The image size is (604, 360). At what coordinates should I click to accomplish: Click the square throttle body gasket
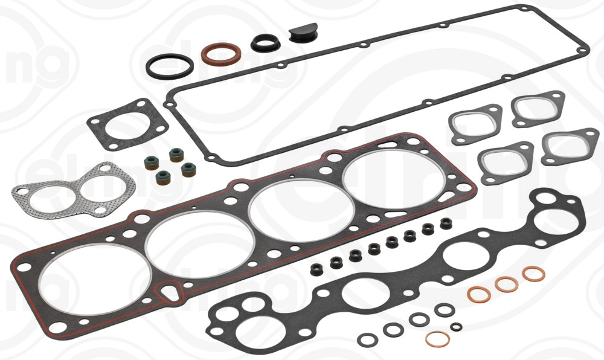tap(126, 124)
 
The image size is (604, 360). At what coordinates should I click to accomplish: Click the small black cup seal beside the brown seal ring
tap(264, 42)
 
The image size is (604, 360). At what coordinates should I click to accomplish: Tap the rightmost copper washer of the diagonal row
tap(533, 274)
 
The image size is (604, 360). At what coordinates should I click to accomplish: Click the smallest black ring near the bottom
tap(457, 327)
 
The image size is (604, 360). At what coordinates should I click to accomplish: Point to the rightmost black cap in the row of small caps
tap(446, 223)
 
